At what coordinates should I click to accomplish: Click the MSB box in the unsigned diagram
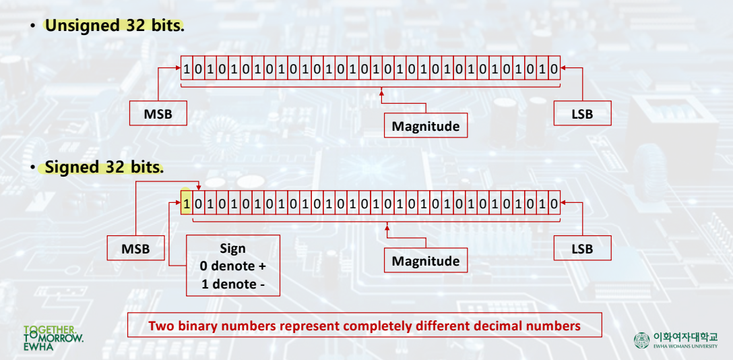point(158,114)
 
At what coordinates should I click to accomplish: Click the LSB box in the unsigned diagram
point(582,114)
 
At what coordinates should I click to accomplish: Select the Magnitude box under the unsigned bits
point(426,126)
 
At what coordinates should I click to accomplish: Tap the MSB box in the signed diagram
point(135,249)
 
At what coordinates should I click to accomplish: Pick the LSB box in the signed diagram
point(582,249)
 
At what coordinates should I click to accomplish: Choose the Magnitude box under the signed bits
point(426,261)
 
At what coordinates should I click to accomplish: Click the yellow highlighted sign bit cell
point(187,204)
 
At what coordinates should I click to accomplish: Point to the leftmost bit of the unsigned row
point(187,69)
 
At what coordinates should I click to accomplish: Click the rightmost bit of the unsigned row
point(554,69)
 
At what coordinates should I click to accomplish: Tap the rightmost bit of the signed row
point(554,204)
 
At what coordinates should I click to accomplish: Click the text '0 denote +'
point(232,266)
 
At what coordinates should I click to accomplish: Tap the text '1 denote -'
point(232,284)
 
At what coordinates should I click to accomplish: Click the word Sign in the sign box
point(232,249)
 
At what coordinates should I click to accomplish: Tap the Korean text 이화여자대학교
point(685,336)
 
